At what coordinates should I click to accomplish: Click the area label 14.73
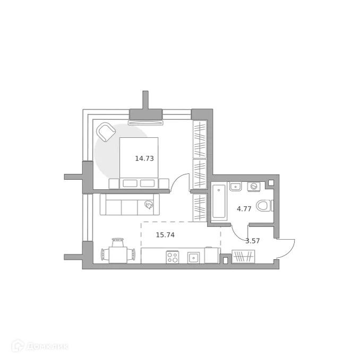coord(144,158)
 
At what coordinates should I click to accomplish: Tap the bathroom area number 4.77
coord(244,209)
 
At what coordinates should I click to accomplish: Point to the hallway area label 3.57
coord(252,241)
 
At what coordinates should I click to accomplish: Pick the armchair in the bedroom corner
coord(106,132)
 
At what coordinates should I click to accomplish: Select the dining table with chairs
coord(117,252)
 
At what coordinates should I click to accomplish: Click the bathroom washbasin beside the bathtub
coord(235,186)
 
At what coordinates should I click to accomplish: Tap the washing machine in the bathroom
coord(254,187)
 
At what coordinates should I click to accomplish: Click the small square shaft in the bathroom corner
coord(271,183)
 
